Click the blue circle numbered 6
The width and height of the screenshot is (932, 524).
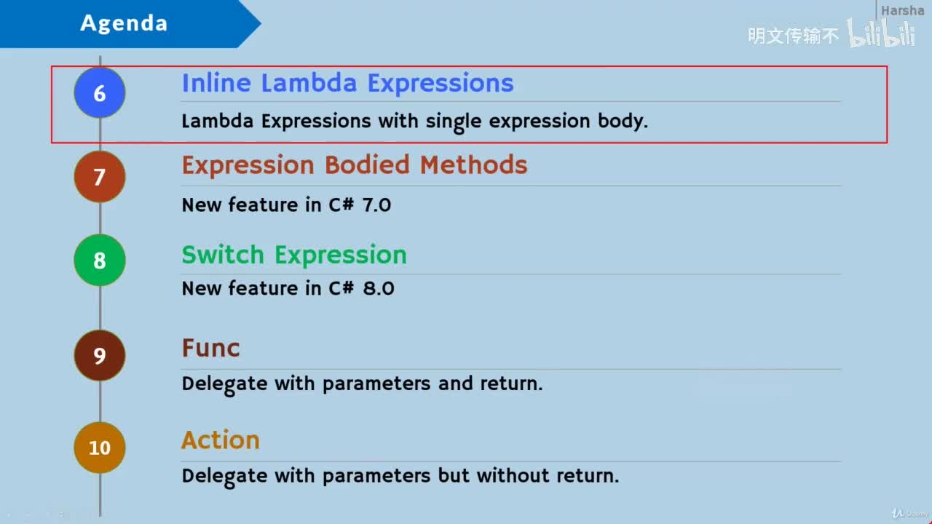click(x=100, y=93)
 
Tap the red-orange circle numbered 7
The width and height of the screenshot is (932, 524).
click(x=100, y=177)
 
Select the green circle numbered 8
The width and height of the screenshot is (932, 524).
click(x=100, y=261)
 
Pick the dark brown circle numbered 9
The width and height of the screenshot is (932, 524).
click(x=100, y=355)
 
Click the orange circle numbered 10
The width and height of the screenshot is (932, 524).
click(x=100, y=448)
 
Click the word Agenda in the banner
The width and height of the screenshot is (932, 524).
click(x=124, y=23)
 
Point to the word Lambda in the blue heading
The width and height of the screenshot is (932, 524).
click(x=311, y=83)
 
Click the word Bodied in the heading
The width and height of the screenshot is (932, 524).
click(x=368, y=165)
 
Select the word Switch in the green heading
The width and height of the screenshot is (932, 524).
click(x=223, y=255)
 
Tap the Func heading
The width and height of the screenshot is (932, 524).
click(x=210, y=348)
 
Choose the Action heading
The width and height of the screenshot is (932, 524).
click(x=221, y=440)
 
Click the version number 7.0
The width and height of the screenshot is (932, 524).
click(x=376, y=205)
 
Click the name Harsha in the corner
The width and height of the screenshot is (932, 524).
click(x=902, y=11)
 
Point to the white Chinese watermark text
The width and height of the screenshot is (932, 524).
click(x=794, y=35)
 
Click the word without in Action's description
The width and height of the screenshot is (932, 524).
click(x=513, y=476)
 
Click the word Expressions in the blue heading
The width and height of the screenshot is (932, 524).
click(x=441, y=83)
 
